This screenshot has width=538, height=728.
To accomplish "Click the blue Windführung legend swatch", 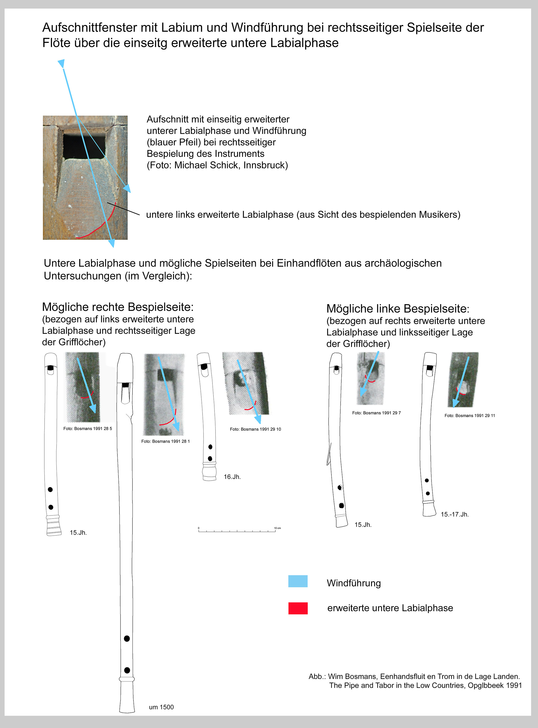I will (x=298, y=581).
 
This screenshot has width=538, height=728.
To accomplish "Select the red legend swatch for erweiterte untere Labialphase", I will (x=298, y=608).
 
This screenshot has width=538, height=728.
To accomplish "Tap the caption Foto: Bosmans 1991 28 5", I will (x=88, y=429).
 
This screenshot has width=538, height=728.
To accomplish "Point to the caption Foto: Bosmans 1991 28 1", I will (x=165, y=441).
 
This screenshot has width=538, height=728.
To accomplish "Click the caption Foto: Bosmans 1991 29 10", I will (x=255, y=429).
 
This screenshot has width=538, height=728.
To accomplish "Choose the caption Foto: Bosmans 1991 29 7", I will (x=376, y=413).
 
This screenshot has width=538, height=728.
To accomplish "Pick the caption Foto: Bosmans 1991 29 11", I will (x=470, y=416).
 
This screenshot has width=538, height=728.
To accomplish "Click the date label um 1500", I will (x=161, y=707).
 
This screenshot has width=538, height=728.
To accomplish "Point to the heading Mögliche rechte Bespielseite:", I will (x=118, y=307).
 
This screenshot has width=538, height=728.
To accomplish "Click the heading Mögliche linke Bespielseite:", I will (x=398, y=309).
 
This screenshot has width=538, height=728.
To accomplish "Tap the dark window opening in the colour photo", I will (x=84, y=145).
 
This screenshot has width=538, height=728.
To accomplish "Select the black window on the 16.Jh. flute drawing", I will (x=204, y=367).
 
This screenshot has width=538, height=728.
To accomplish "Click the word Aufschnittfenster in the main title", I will (x=90, y=28).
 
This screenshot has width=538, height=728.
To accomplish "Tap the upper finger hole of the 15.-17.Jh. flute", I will (x=427, y=480).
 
